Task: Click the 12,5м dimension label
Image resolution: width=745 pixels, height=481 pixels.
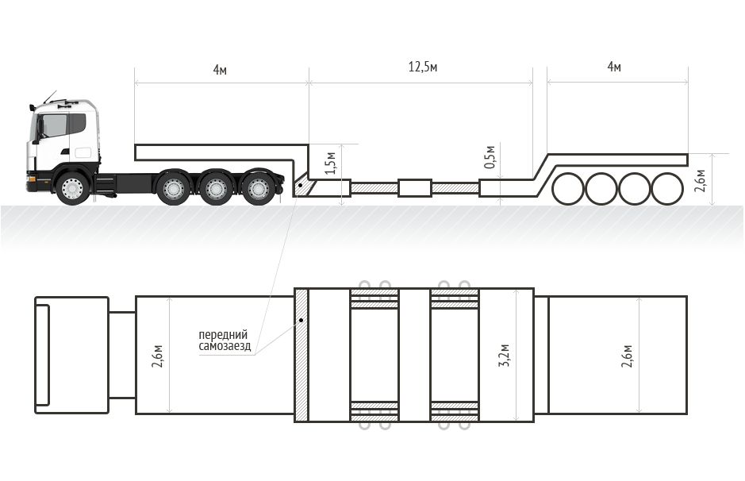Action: coord(423,67)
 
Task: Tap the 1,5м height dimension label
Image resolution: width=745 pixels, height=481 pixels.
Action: coord(331,164)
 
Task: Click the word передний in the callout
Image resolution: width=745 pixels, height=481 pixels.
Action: coord(223,335)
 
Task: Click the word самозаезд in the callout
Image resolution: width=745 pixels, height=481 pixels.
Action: coord(225,346)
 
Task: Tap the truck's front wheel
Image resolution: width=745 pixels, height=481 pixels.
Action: coord(72,188)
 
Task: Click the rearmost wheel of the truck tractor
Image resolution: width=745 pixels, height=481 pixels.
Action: coord(259,188)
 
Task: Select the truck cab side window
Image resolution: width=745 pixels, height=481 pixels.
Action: coord(55,125)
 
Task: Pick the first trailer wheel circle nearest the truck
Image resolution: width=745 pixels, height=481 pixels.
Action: coord(568,189)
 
